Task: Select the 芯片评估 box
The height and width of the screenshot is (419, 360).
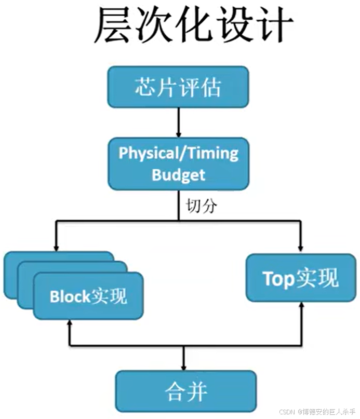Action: click(x=178, y=87)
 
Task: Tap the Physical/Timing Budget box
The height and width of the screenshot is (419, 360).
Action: click(x=178, y=164)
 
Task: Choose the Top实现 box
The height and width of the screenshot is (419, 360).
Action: click(x=301, y=278)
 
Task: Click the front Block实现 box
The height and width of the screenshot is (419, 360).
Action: click(x=88, y=296)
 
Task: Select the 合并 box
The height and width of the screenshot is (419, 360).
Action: click(x=185, y=390)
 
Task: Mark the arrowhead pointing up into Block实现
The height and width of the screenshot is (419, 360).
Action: click(x=70, y=324)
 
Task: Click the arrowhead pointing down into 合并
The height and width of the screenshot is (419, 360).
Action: click(x=183, y=366)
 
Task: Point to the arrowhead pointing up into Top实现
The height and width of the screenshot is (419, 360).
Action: click(x=301, y=306)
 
